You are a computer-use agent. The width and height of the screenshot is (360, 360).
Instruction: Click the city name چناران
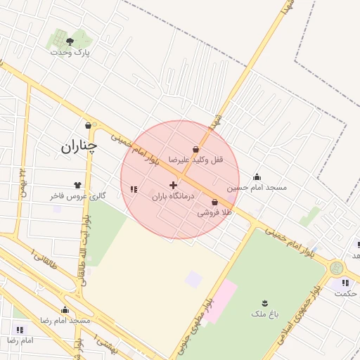coord(78,147)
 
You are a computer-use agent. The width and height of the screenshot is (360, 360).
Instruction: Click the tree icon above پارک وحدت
coord(69,41)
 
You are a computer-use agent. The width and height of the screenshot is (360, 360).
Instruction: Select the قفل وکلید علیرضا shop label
coord(195,160)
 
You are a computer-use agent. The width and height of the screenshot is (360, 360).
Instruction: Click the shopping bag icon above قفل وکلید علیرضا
coord(195,149)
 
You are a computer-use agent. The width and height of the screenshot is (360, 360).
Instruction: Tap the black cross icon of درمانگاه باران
coord(173,185)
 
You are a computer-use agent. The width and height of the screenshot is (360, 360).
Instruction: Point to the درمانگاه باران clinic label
coord(173,197)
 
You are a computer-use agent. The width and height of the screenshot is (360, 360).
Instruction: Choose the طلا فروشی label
coord(214,211)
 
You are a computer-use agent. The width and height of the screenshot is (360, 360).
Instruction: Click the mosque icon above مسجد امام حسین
coord(257,177)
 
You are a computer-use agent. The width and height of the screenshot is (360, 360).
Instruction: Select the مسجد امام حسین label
coord(257,188)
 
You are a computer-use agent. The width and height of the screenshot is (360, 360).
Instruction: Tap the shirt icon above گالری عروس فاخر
coord(77,186)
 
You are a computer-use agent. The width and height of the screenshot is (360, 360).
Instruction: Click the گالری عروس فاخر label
coord(77,196)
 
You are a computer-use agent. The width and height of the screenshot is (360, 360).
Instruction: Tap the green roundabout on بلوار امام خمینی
coord(337,269)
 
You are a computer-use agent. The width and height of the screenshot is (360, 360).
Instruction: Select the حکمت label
coord(345,293)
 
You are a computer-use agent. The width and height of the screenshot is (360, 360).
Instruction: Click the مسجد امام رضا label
coord(65,321)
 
